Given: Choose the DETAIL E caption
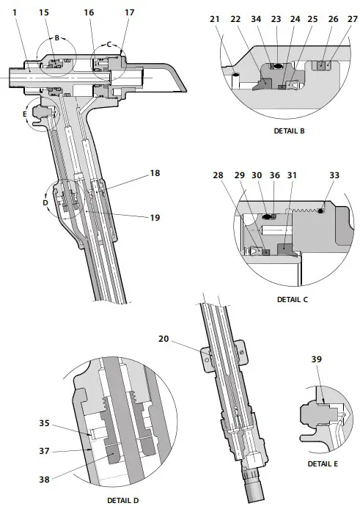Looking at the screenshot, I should [322, 463].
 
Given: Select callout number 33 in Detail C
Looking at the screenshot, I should [335, 175].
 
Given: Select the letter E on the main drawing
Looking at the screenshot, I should [25, 114].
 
